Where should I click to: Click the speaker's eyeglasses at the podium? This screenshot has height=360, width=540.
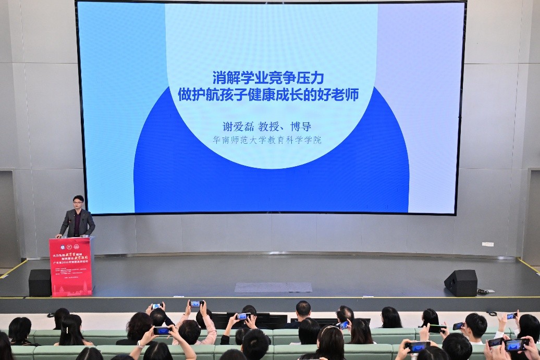tap(78, 202)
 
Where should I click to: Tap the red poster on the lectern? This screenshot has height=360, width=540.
tap(71, 267)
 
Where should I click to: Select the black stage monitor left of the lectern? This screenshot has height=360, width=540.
tap(40, 282)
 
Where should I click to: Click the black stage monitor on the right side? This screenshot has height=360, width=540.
tap(461, 283)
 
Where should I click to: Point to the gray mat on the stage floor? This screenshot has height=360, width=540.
tap(273, 287)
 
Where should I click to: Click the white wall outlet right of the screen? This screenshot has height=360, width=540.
tap(487, 244)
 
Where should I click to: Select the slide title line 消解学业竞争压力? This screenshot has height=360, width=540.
tap(268, 78)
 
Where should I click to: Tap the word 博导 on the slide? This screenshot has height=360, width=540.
tap(301, 127)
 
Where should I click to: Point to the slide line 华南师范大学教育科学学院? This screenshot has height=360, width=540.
tap(267, 140)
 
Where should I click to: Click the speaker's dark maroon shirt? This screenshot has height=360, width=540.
tap(77, 223)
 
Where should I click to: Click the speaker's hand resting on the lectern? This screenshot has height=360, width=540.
tap(59, 236)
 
